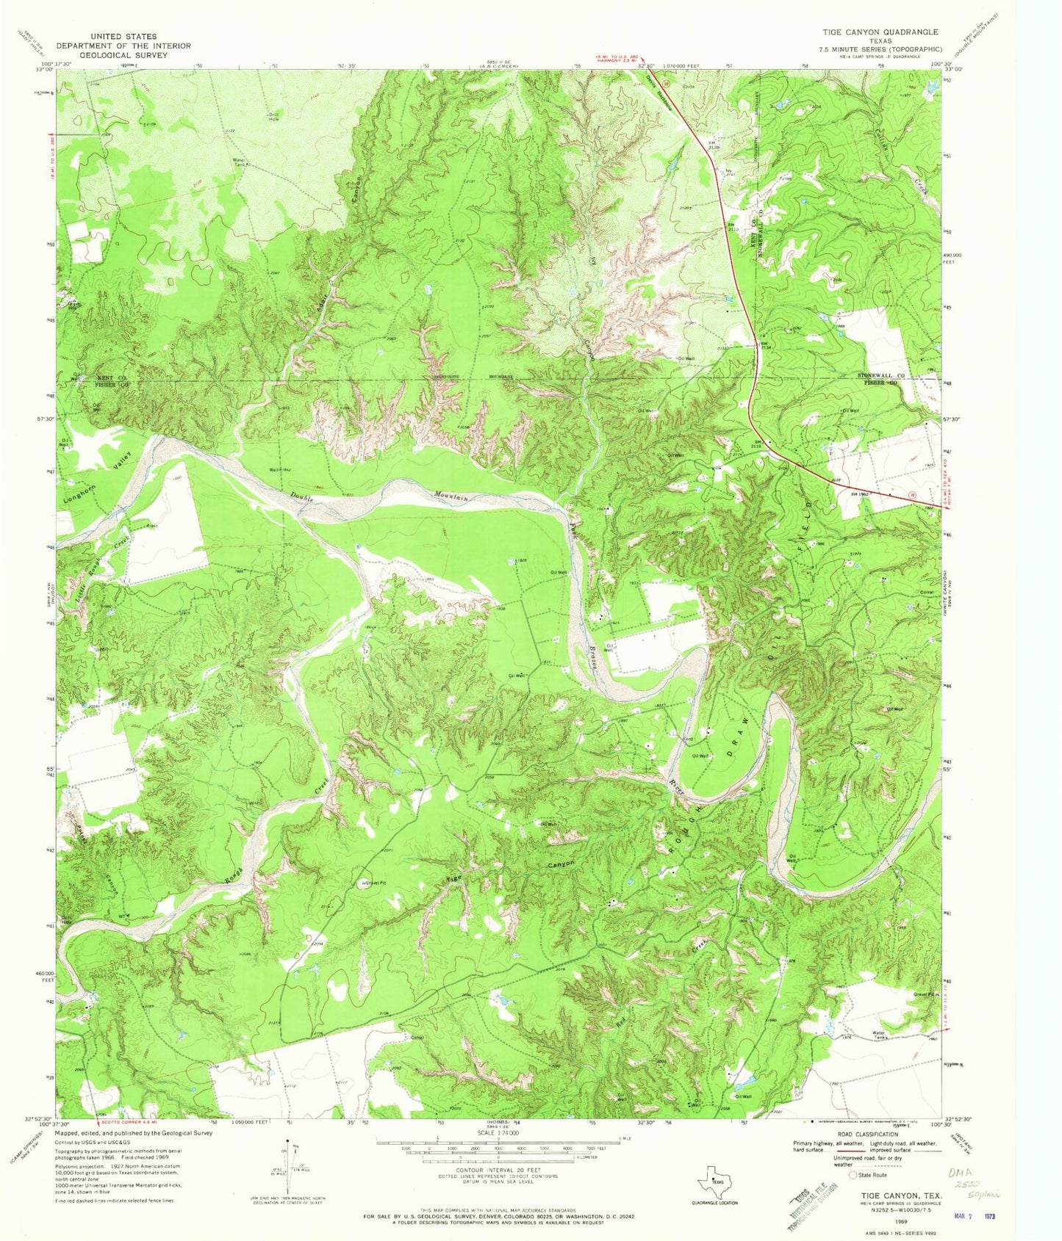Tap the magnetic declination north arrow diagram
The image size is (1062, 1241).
point(288,1173)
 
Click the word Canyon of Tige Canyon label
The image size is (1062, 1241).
point(560,865)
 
